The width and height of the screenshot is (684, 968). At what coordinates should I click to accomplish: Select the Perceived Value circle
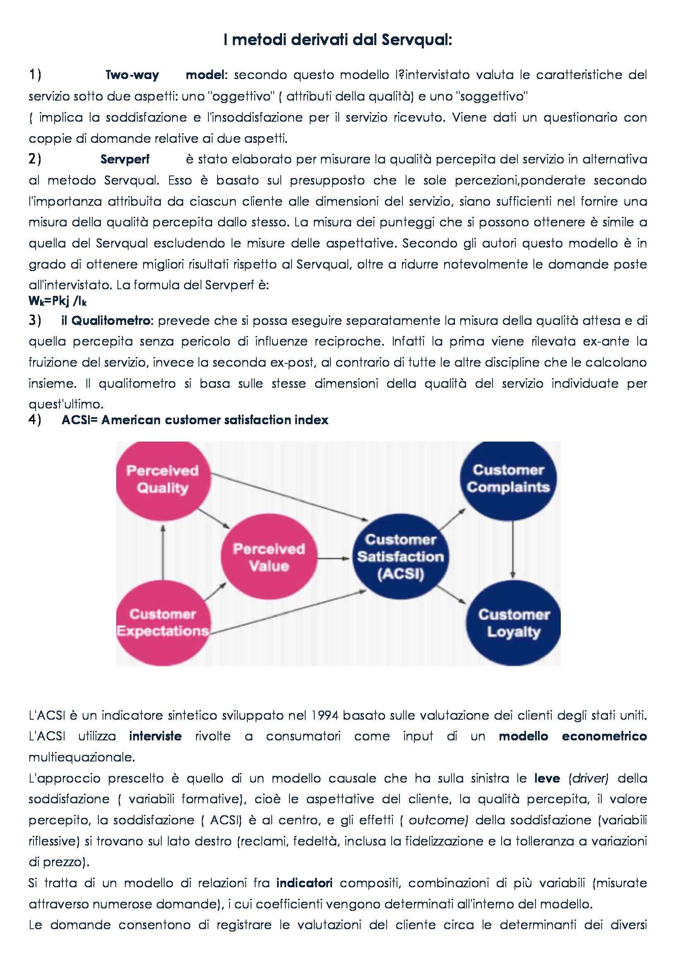[269, 558]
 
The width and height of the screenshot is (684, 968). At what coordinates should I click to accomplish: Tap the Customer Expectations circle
[163, 623]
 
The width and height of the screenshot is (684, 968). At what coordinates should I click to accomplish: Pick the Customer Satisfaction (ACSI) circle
[401, 557]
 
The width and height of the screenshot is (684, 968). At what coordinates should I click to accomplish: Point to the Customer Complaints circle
[508, 479]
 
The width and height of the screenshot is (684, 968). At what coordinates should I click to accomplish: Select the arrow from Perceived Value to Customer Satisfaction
[333, 559]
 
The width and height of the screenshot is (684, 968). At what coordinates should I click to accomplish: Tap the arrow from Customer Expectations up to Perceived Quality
[163, 552]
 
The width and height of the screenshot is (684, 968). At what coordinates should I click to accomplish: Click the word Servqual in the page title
[416, 40]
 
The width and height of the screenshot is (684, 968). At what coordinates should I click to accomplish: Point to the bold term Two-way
[132, 75]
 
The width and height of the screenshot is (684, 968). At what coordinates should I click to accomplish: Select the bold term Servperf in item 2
[124, 159]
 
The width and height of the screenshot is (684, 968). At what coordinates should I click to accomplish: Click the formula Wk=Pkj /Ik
[58, 301]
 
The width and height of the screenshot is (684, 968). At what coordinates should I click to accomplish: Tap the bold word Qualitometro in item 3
[111, 321]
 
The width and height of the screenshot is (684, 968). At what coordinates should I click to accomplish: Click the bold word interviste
[155, 737]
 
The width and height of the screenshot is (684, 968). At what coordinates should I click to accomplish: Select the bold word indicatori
[304, 883]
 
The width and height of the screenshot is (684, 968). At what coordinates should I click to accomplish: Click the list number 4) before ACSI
[35, 420]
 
